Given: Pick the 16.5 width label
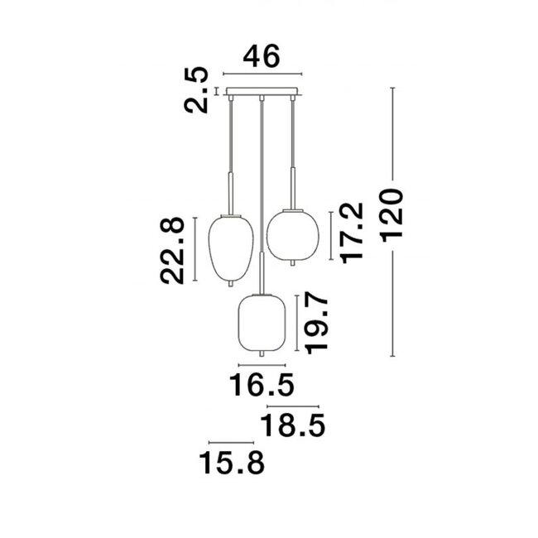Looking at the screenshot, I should pyautogui.click(x=262, y=386).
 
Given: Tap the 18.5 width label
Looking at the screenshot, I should pyautogui.click(x=292, y=427).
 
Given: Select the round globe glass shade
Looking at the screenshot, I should pyautogui.click(x=291, y=233).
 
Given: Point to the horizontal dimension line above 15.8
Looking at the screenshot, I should pyautogui.click(x=232, y=442).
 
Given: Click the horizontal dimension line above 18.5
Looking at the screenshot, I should pyautogui.click(x=291, y=407).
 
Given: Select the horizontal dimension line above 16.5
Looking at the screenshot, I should pyautogui.click(x=262, y=365).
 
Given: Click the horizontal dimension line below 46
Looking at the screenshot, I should pyautogui.click(x=262, y=74).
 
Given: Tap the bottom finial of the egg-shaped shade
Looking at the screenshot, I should pyautogui.click(x=231, y=284).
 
